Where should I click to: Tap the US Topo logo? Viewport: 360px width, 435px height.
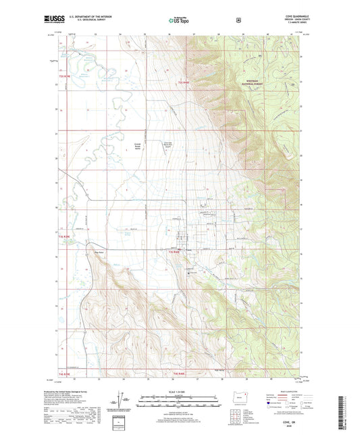coord(178,22)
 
